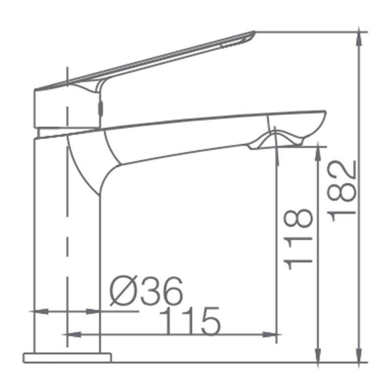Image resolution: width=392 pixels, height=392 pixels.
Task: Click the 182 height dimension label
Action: [341, 191]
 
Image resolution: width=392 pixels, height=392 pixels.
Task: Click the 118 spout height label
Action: [298, 239]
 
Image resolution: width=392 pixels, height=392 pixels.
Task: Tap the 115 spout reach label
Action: [190, 321]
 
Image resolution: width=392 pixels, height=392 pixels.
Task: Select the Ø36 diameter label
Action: [146, 291]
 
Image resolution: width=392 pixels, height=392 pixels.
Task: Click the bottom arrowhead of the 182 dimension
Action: [359, 355]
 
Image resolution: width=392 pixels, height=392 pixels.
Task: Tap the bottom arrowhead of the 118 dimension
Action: [318, 355]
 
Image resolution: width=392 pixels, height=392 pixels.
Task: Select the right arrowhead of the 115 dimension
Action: [269, 335]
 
